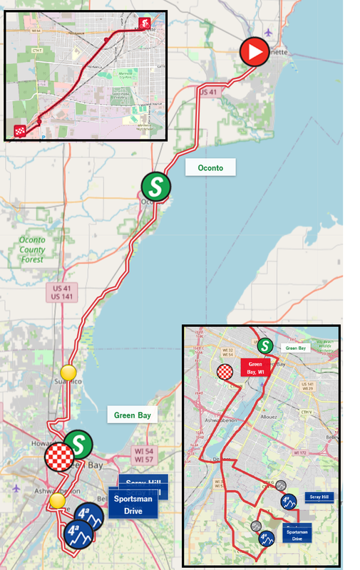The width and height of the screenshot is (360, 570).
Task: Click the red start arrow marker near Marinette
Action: [254, 52]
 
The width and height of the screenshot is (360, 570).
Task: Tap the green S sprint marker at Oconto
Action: [155, 187]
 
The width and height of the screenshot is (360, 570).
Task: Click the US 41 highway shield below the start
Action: [207, 92]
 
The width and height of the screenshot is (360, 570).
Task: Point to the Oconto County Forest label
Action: [32, 250]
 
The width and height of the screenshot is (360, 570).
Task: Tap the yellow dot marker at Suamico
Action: [68, 372]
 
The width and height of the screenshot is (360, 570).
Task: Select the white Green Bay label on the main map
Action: [133, 415]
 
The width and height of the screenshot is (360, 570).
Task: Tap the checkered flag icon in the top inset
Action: [21, 130]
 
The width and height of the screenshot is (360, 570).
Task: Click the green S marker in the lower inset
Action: [265, 346]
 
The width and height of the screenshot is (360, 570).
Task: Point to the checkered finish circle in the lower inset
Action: [225, 372]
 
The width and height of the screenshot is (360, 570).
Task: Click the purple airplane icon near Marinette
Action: [267, 32]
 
